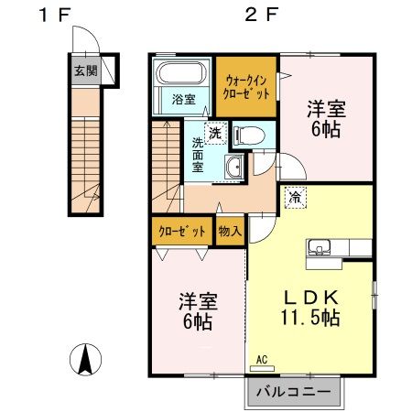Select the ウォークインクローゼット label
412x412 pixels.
tap(247, 86)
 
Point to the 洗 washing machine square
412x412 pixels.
tap(213, 134)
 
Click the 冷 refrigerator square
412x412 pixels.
tap(296, 196)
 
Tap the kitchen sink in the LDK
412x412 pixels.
tap(320, 246)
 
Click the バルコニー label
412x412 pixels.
tap(293, 392)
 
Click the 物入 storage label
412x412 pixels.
tap(229, 232)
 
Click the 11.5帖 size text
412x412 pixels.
tap(310, 319)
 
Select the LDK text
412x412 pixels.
tap(310, 297)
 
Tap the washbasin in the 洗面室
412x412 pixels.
tap(234, 167)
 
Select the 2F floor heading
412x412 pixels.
tap(259, 15)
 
